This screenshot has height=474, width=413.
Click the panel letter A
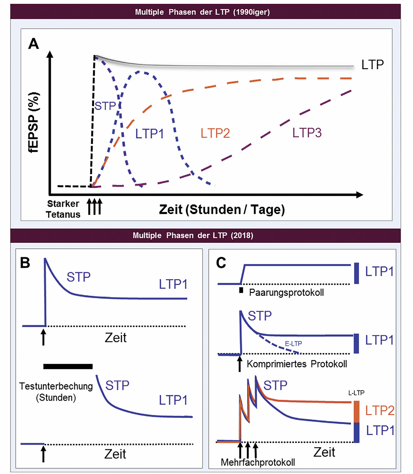click(x=34, y=44)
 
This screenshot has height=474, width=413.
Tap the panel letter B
click(x=25, y=263)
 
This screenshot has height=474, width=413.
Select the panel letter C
click(x=221, y=263)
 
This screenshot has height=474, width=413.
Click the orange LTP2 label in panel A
click(x=215, y=133)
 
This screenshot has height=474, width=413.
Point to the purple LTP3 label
click(x=307, y=133)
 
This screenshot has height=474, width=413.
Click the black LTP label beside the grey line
click(x=372, y=65)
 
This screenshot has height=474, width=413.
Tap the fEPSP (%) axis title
click(x=34, y=122)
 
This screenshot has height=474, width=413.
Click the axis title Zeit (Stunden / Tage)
click(x=222, y=210)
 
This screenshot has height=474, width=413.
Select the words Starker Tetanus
click(x=63, y=209)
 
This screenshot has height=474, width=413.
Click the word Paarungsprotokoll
click(x=286, y=293)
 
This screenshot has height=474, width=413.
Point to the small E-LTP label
click(x=293, y=343)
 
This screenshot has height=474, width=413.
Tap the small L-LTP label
click(x=356, y=393)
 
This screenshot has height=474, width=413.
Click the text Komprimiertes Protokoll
click(x=297, y=364)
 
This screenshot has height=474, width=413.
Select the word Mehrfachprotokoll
click(x=258, y=462)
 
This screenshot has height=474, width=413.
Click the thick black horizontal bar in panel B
click(x=68, y=366)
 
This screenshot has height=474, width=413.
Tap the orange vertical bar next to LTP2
click(x=356, y=412)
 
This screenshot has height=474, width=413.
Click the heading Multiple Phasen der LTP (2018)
click(x=193, y=235)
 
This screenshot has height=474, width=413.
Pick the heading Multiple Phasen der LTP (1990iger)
click(x=202, y=12)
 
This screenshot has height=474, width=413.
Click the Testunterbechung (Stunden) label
click(x=56, y=392)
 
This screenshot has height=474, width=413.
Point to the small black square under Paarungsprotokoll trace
click(x=241, y=290)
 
